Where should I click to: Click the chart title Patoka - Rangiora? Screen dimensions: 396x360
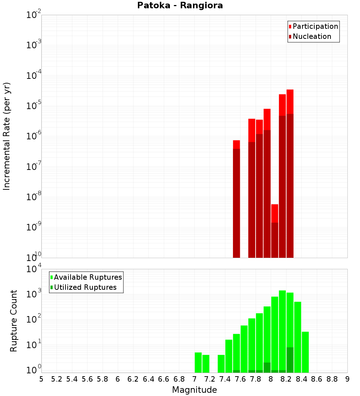[x=180, y=5]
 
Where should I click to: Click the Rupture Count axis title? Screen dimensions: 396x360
[x=14, y=321]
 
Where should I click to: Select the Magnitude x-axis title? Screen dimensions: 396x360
[x=194, y=390]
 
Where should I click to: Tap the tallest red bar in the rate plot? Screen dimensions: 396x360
[x=290, y=173]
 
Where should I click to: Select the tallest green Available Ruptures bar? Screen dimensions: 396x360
[x=282, y=331]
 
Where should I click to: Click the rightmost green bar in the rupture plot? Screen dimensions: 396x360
[x=305, y=352]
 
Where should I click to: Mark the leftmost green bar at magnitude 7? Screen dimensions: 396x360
[x=198, y=363]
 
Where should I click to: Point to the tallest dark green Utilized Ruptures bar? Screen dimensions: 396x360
[x=290, y=360]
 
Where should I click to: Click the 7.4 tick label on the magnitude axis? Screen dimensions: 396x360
[x=225, y=379]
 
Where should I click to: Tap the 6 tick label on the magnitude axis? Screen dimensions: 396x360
[x=118, y=379]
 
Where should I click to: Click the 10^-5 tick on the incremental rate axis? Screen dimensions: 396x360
[x=33, y=106]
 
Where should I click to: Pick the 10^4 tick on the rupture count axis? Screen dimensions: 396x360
[x=33, y=270]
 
